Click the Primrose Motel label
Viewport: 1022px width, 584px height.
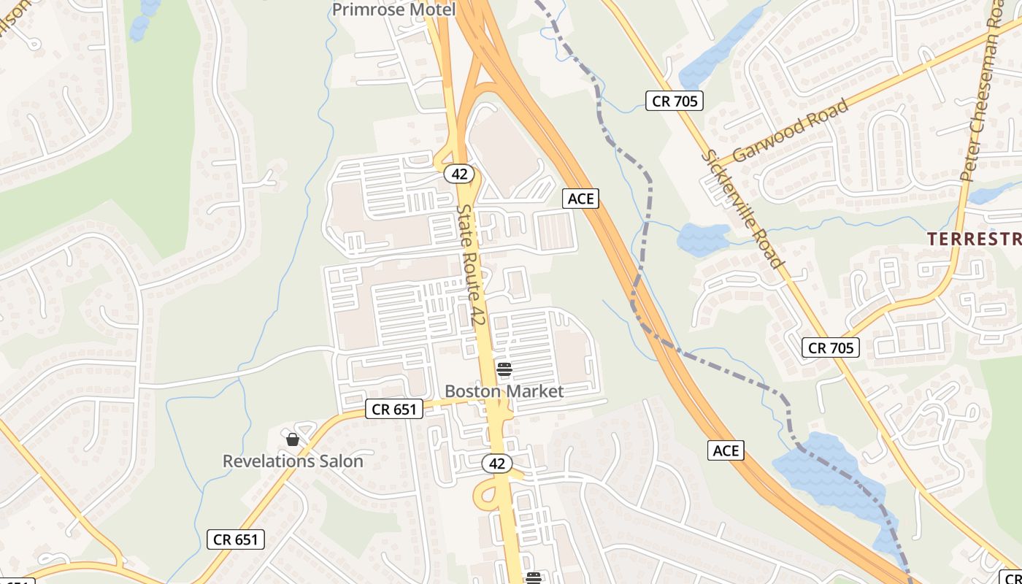pos(393,9)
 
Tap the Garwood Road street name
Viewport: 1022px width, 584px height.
pos(791,130)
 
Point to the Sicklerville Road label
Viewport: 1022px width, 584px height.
pos(742,209)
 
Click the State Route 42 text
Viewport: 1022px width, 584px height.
pos(472,264)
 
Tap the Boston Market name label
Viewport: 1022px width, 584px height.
pos(504,391)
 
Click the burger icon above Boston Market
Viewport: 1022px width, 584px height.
pos(504,369)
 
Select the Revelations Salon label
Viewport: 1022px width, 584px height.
pos(293,461)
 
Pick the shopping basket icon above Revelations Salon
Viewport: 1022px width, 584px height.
pos(293,439)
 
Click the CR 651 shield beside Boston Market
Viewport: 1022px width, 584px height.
pos(394,410)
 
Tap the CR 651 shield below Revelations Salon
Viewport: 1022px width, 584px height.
pos(235,539)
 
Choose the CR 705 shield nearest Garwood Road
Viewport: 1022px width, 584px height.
pos(675,101)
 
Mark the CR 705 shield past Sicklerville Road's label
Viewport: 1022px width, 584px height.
pos(831,347)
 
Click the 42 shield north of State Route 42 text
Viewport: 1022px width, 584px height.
pos(459,174)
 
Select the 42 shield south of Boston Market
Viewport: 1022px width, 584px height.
pos(497,463)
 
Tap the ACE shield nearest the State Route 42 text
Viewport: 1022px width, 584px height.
pos(580,198)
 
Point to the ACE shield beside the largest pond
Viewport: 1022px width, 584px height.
pos(726,450)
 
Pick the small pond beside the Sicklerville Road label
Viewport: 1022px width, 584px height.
pos(702,238)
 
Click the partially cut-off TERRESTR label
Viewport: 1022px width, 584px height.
pos(974,239)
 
